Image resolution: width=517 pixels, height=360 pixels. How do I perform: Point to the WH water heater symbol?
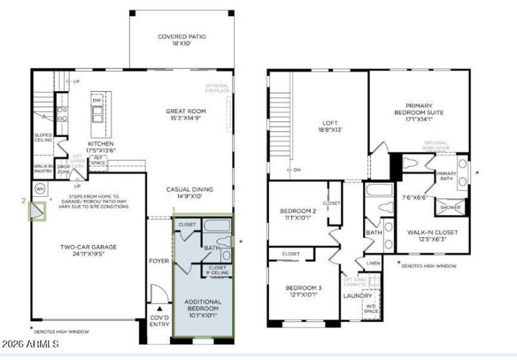(39, 189)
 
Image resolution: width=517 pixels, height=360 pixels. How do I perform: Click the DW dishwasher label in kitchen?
(97, 101)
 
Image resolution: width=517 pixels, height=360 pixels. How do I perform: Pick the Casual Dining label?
(190, 193)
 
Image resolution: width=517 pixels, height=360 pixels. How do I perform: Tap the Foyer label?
(159, 262)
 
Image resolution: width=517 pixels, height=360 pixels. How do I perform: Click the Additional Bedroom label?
(203, 305)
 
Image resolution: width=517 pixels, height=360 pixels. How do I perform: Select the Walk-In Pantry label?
(43, 169)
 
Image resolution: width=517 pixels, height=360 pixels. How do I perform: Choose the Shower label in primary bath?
(450, 208)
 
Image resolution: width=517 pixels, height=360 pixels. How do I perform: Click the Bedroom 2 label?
(297, 215)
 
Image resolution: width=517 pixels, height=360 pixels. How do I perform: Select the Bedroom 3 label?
(297, 292)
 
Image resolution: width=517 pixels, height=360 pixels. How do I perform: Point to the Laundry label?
(357, 296)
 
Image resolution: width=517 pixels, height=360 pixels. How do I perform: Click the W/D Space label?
(371, 310)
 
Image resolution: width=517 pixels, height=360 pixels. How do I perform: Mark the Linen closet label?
(373, 263)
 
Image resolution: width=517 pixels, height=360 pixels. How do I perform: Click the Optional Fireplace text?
(218, 89)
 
